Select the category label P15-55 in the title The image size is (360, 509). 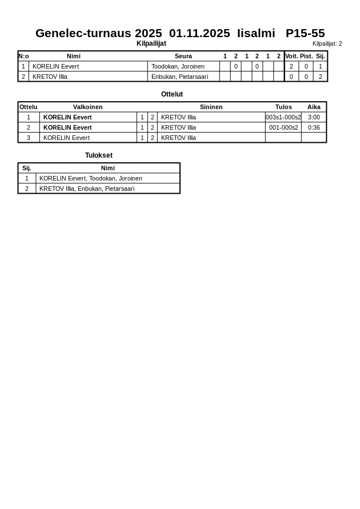(305, 33)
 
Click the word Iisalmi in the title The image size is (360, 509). (256, 33)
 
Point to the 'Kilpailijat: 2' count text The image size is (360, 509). (327, 44)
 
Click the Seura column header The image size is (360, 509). (183, 56)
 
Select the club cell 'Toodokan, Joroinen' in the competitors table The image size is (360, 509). (178, 66)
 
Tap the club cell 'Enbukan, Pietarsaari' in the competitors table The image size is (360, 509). (179, 77)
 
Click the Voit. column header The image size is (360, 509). (291, 56)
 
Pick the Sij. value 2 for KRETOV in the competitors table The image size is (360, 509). (321, 77)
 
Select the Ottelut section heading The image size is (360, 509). (172, 94)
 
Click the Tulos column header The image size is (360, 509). (283, 107)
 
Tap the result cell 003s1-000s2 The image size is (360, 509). (283, 117)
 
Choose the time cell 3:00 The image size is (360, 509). (314, 117)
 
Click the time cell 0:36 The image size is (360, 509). (314, 127)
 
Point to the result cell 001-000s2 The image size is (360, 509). (283, 127)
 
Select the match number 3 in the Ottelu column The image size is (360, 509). (29, 138)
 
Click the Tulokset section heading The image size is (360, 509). (99, 155)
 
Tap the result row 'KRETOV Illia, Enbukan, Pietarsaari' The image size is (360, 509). (87, 189)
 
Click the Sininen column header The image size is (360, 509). (211, 107)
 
